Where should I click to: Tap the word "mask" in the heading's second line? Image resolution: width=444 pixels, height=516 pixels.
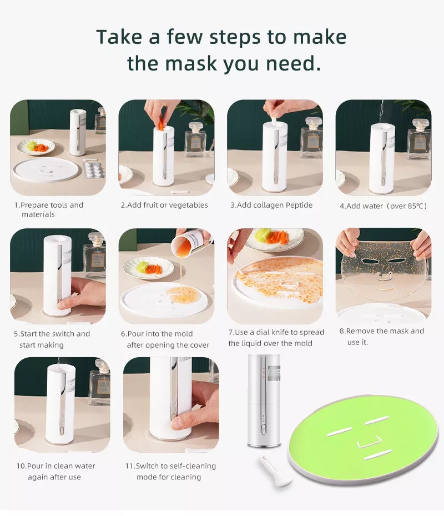(191, 63)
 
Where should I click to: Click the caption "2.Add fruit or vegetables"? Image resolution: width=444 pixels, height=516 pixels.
(164, 205)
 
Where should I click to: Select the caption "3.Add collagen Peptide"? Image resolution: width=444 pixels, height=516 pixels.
(271, 205)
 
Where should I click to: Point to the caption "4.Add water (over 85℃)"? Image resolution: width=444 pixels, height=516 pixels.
(384, 206)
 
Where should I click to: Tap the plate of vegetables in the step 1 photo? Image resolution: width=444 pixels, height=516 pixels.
(36, 147)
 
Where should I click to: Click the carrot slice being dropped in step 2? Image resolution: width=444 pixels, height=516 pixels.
(161, 126)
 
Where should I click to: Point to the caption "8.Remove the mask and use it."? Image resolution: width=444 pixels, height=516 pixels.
(381, 337)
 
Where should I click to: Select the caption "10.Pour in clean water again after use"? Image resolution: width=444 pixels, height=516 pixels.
(55, 472)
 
